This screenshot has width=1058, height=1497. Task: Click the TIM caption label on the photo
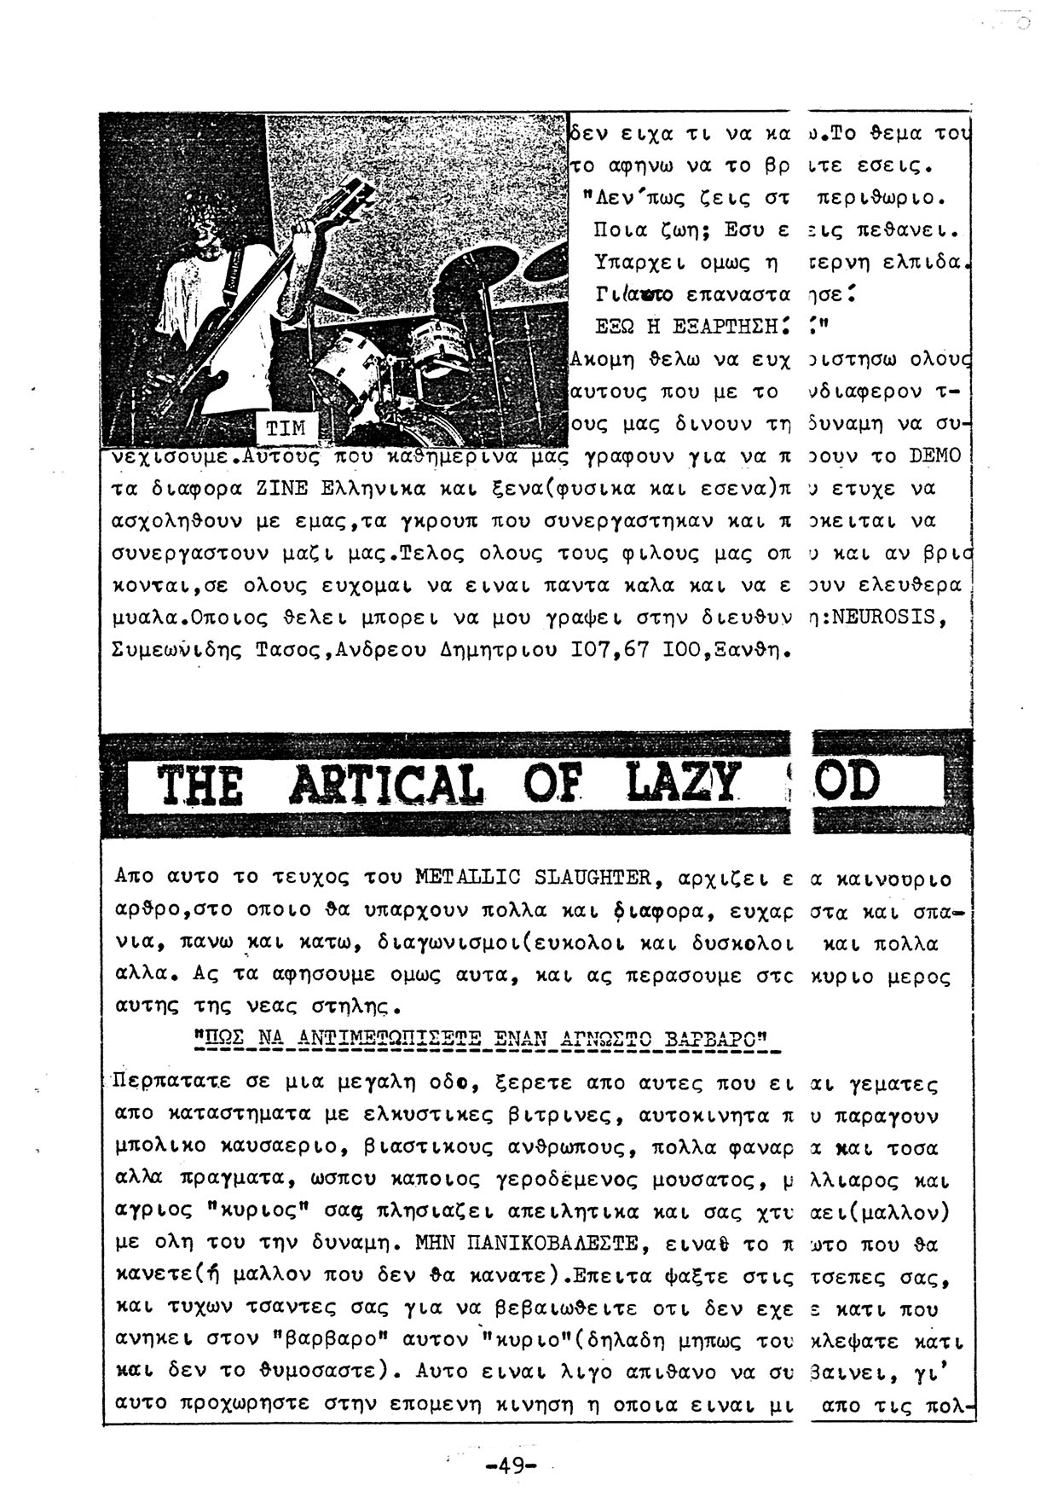click(x=286, y=428)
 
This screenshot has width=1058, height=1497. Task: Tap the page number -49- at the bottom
click(x=511, y=1465)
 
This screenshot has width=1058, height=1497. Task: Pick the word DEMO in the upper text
click(x=934, y=456)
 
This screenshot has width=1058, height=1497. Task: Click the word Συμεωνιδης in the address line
click(x=179, y=650)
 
